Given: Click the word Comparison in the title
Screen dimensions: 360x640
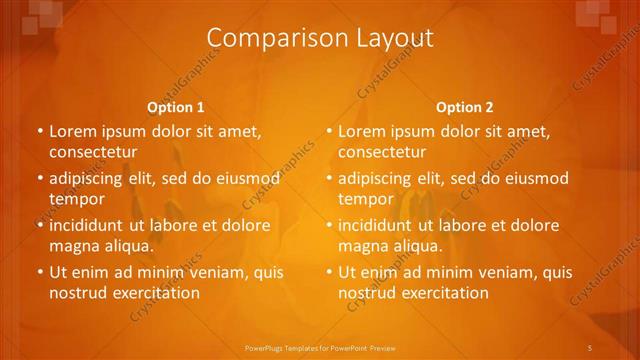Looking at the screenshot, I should click(262, 38).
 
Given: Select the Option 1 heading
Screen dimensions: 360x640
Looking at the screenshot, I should click(176, 107).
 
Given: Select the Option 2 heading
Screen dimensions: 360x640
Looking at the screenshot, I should click(465, 107).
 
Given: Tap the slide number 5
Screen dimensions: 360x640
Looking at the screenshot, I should click(590, 346).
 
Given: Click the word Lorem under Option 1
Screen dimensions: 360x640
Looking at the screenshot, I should click(72, 131).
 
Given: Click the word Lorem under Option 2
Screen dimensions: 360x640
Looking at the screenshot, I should click(361, 131).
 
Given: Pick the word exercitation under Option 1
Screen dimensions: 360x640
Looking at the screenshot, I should click(157, 293).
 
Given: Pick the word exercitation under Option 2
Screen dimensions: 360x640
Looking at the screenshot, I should click(446, 293).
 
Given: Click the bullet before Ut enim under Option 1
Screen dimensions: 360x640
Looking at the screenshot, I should click(39, 272).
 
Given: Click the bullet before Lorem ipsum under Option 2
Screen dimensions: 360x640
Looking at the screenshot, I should click(328, 131).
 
